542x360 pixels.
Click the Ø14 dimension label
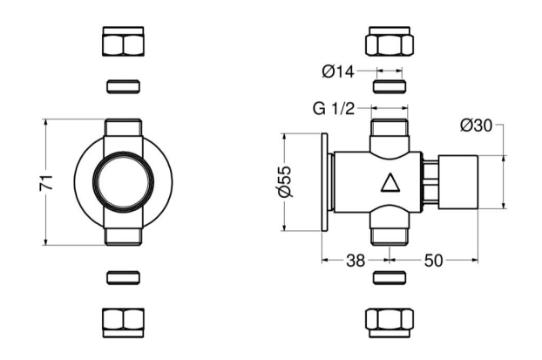[x=338, y=71]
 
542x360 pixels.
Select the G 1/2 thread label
[x=334, y=109]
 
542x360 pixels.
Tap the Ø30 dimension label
[x=476, y=126]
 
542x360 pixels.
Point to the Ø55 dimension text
[x=285, y=182]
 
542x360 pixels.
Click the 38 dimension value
[x=356, y=261]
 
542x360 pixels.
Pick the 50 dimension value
[x=433, y=261]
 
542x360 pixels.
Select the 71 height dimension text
[x=46, y=182]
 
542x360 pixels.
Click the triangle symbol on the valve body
[x=390, y=182]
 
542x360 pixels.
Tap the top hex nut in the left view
[x=124, y=42]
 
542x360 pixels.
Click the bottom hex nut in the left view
[x=124, y=323]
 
